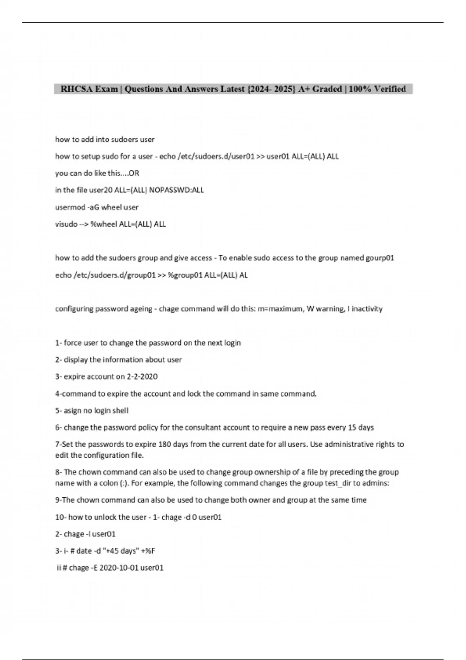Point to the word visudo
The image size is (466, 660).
click(66, 224)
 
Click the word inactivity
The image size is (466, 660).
click(367, 309)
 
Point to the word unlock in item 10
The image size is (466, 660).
click(104, 517)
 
